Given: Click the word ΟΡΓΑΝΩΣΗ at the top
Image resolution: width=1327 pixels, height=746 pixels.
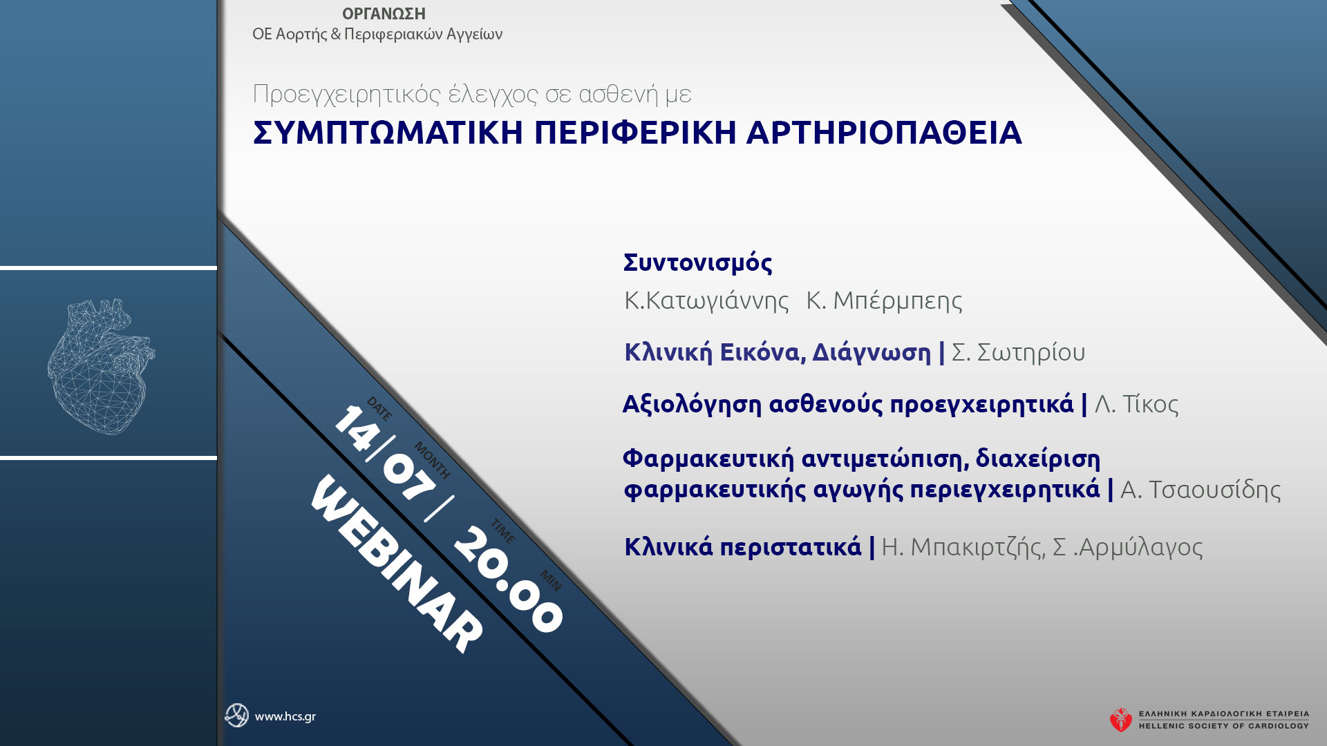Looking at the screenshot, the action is click(x=384, y=14).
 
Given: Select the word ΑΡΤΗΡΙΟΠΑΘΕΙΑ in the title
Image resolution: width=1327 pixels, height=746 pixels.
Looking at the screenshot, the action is click(x=884, y=133).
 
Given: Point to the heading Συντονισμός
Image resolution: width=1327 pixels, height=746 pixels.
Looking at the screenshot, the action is click(x=697, y=263).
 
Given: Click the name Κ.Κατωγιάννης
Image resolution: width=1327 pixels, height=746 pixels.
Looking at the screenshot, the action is click(x=706, y=300).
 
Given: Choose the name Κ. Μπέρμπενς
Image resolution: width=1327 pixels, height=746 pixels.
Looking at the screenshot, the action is click(x=884, y=300).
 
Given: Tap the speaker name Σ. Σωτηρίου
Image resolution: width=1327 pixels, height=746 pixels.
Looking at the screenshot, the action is click(x=1018, y=352).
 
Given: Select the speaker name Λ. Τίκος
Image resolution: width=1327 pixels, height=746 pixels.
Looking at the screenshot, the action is click(x=1136, y=404).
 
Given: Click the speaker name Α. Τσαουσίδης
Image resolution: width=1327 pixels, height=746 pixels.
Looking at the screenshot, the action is click(x=1200, y=490).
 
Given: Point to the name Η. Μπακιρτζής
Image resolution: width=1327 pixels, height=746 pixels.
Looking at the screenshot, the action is click(x=961, y=547).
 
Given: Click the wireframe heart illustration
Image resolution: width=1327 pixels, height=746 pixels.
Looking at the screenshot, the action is click(x=101, y=366).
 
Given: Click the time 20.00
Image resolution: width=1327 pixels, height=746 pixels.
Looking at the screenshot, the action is click(x=508, y=580).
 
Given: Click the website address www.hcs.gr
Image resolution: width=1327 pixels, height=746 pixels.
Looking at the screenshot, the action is click(x=285, y=717).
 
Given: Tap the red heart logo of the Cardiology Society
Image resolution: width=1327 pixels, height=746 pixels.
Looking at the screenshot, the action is click(x=1120, y=720).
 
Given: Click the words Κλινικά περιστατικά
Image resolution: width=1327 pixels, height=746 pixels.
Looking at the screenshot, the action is click(x=742, y=547).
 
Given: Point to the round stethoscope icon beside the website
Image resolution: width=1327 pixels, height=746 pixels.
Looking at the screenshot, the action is click(x=236, y=716).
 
